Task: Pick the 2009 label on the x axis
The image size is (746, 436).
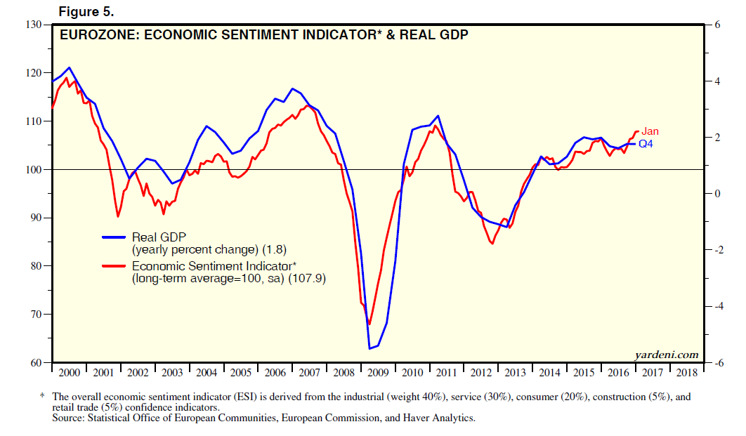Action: [x=378, y=373]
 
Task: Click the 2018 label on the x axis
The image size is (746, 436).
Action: [x=687, y=373]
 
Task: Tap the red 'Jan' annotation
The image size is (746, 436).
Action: [x=650, y=131]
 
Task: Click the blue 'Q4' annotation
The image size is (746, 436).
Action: [x=646, y=144]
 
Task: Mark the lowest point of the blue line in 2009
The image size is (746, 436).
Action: [x=369, y=348]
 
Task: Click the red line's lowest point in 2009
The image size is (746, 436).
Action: [x=369, y=324]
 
